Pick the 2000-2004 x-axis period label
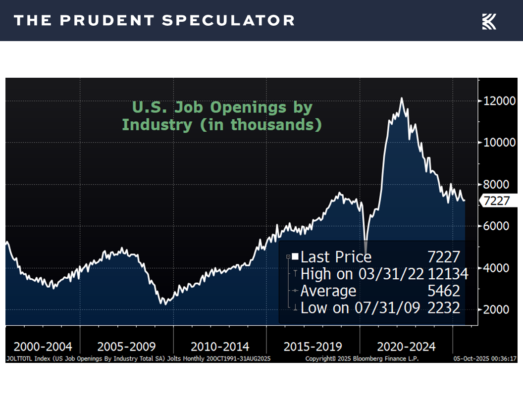tap(43, 346)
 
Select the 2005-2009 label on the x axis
tap(127, 346)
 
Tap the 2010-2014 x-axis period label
tap(220, 346)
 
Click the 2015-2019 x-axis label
tap(313, 346)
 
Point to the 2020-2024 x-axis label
tap(406, 346)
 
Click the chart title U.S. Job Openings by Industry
tap(222, 116)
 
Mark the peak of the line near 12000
tap(402, 99)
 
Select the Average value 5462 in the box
tap(444, 291)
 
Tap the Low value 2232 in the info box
tap(444, 307)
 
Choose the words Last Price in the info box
tap(336, 257)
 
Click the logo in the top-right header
tap(489, 21)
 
